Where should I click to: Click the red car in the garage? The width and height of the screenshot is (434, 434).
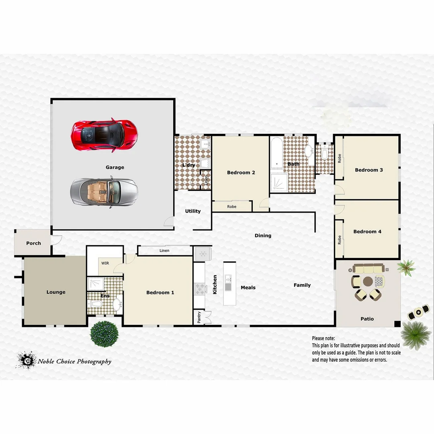pyautogui.click(x=104, y=135)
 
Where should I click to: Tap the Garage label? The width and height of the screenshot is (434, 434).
pyautogui.click(x=115, y=167)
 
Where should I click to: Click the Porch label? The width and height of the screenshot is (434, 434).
pyautogui.click(x=33, y=243)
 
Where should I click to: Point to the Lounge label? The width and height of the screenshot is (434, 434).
pyautogui.click(x=56, y=292)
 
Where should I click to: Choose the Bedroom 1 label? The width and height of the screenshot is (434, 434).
pyautogui.click(x=160, y=293)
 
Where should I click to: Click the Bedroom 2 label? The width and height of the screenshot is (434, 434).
pyautogui.click(x=241, y=173)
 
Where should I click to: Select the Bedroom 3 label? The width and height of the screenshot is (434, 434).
pyautogui.click(x=369, y=170)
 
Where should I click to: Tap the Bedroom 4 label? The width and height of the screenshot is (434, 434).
pyautogui.click(x=367, y=231)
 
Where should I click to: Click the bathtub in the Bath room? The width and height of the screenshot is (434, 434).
pyautogui.click(x=276, y=153)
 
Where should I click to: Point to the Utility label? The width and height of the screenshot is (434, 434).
pyautogui.click(x=193, y=211)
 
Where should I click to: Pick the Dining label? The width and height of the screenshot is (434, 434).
pyautogui.click(x=263, y=235)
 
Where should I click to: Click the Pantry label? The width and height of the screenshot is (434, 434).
pyautogui.click(x=199, y=317)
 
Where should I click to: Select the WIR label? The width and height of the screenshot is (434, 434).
pyautogui.click(x=105, y=263)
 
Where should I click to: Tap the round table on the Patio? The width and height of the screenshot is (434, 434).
pyautogui.click(x=368, y=281)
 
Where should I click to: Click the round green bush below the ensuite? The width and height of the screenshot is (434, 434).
pyautogui.click(x=104, y=334)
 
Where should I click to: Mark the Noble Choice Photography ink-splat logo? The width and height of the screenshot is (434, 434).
pyautogui.click(x=26, y=360)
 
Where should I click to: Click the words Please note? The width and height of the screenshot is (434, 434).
pyautogui.click(x=323, y=338)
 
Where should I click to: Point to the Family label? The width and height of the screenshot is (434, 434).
pyautogui.click(x=302, y=285)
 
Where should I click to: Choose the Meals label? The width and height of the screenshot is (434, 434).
pyautogui.click(x=248, y=287)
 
